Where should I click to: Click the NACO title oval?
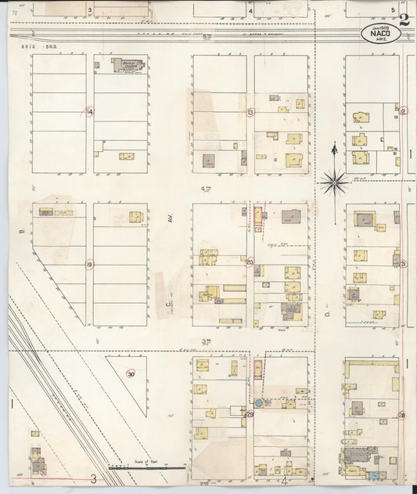coord(378,34)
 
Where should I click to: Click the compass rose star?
coord(334,182)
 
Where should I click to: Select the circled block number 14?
coord(90,112)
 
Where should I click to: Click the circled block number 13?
coord(250,112)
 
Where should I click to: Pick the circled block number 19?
coord(90,264)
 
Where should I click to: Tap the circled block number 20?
coord(250,263)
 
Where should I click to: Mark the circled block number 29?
coord(250,414)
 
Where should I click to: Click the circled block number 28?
coord(402,415)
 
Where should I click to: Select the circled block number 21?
coord(403,264)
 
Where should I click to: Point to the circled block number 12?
coord(403,111)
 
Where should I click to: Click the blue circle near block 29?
coord(259,402)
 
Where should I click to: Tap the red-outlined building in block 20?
coord(257,218)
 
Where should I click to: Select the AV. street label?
coord(169,220)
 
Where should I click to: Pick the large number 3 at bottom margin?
coord(93,478)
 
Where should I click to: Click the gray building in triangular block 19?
coord(46,211)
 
